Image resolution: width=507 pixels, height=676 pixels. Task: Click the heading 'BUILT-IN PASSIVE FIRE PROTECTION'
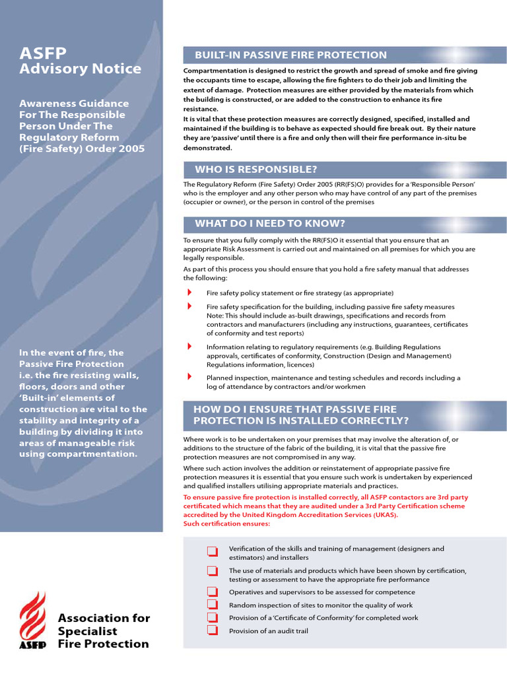click(x=290, y=55)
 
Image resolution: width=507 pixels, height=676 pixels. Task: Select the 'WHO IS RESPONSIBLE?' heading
click(x=255, y=170)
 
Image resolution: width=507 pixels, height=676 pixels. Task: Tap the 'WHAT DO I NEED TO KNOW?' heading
click(x=269, y=223)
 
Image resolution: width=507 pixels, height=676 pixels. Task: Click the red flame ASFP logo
click(x=32, y=620)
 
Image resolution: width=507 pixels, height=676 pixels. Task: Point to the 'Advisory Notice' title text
click(x=80, y=69)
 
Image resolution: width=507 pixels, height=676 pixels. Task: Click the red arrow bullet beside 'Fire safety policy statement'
click(x=189, y=292)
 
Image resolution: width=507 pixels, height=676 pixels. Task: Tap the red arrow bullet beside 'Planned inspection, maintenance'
click(x=189, y=377)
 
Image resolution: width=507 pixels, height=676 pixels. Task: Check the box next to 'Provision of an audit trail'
click(x=212, y=630)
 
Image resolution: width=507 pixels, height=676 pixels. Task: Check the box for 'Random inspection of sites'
click(x=212, y=604)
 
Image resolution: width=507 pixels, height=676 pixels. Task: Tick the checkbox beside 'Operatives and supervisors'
click(x=212, y=591)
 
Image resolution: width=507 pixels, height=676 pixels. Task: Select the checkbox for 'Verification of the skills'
click(x=212, y=551)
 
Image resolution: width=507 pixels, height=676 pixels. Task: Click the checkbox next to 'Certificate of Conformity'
click(x=212, y=617)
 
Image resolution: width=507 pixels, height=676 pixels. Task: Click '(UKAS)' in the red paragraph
click(x=384, y=515)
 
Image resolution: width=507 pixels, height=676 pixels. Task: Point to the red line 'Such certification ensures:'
click(x=226, y=524)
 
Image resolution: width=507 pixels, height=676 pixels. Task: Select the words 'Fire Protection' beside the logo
click(x=104, y=644)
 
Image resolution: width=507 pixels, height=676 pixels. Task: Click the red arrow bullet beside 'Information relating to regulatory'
click(x=189, y=346)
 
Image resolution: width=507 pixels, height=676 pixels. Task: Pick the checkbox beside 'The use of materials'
click(x=212, y=571)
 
